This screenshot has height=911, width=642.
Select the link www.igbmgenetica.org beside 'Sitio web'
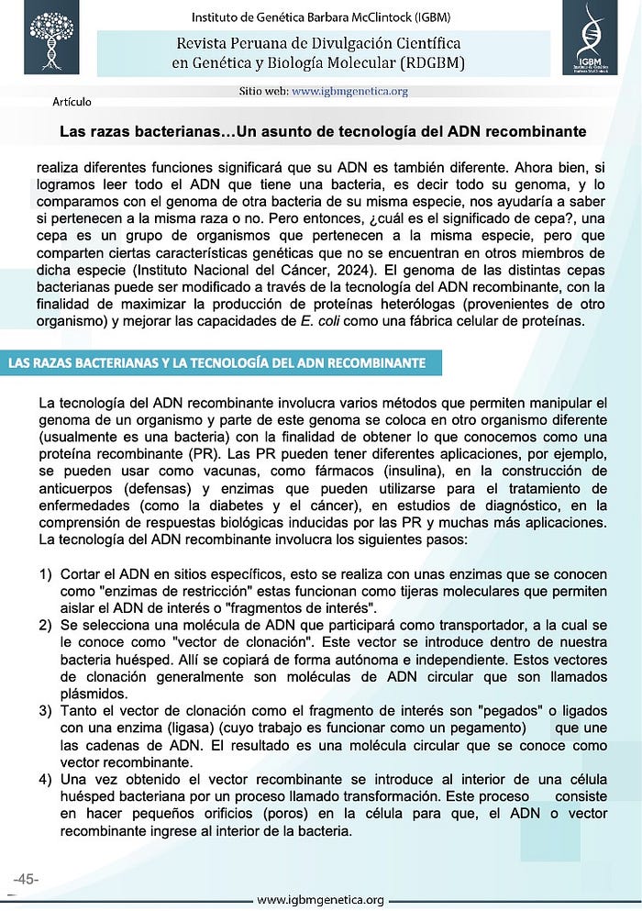tap(350, 92)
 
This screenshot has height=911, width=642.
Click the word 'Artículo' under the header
tap(72, 101)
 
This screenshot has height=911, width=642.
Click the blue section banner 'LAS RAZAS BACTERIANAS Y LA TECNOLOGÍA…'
tap(216, 362)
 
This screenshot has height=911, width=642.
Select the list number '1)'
tap(45, 573)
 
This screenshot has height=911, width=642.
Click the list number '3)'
tap(45, 710)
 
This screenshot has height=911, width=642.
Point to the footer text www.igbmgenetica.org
tap(320, 901)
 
